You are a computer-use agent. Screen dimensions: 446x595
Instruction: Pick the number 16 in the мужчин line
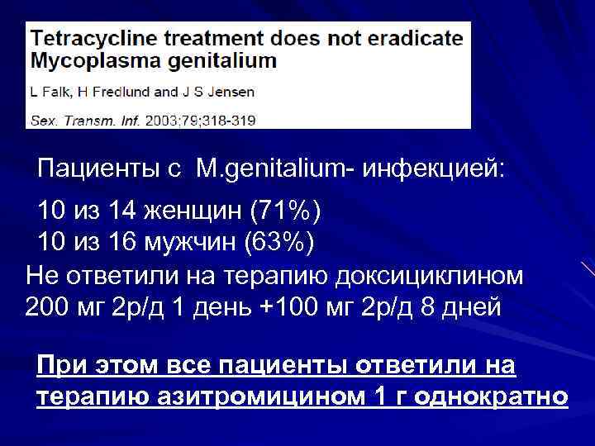coord(122,243)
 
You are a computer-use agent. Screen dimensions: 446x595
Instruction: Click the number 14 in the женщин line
coord(122,212)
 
